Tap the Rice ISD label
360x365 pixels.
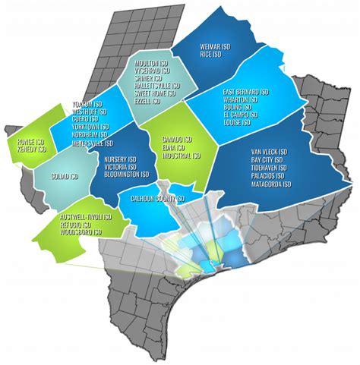(210, 54)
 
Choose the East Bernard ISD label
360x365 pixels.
(246, 93)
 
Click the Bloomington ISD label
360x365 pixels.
(125, 175)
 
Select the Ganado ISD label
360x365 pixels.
(177, 141)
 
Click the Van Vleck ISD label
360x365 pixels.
(270, 151)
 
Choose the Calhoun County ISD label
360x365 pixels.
(153, 199)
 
